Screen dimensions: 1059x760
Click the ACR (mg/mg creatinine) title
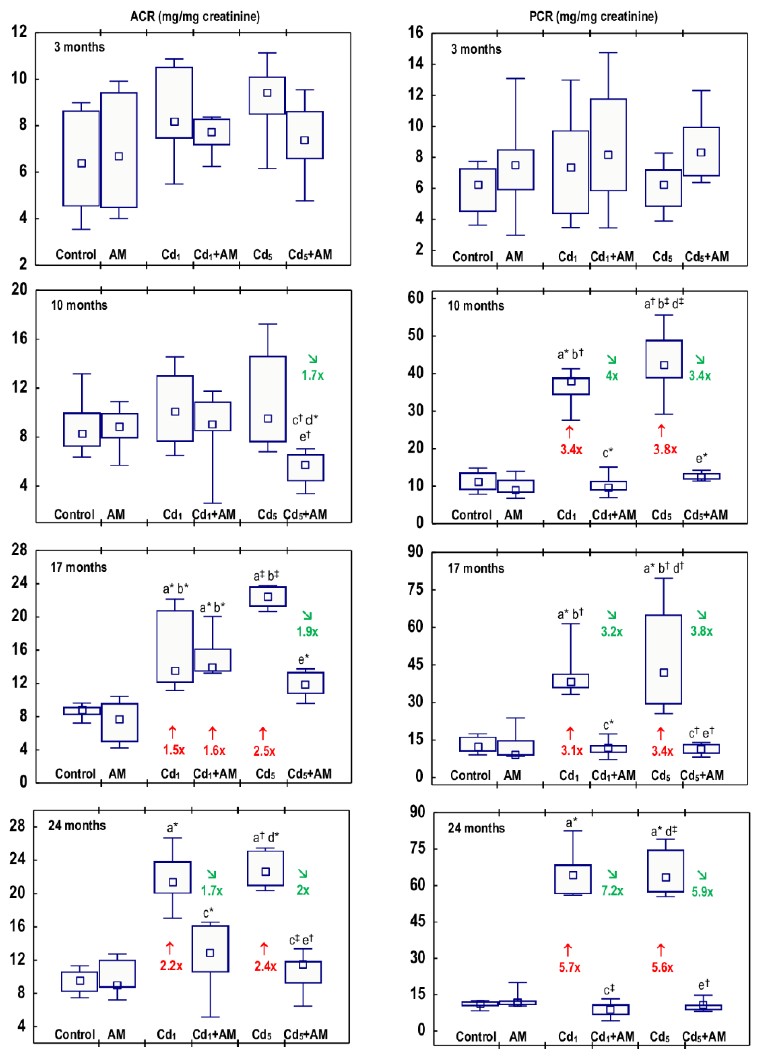pos(195,17)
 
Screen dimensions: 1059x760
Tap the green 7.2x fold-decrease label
pos(612,890)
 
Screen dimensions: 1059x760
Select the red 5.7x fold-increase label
pos(570,967)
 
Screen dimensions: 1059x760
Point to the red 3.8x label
pos(665,449)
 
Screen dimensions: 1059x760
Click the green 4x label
pos(612,376)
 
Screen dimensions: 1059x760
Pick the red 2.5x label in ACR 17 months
pos(264,751)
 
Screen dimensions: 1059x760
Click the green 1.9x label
pos(307,632)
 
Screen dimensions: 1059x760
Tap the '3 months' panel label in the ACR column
pos(79,47)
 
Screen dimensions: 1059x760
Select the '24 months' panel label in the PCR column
pos(476,828)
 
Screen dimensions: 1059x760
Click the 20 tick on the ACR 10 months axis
pos(20,290)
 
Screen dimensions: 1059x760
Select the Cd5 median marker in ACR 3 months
pos(267,93)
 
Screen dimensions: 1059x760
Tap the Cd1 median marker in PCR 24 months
pos(573,875)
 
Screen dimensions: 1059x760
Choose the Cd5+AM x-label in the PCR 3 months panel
pos(706,256)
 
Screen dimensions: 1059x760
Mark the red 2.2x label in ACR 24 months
pos(171,966)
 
